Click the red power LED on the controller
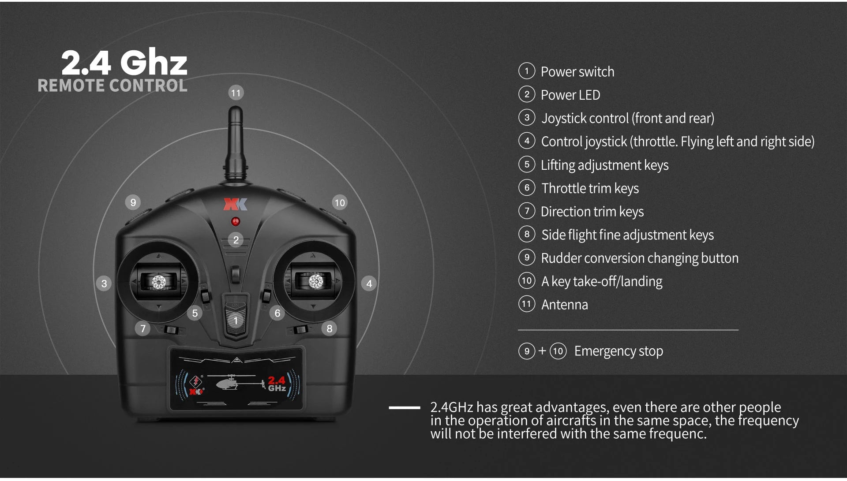pyautogui.click(x=236, y=221)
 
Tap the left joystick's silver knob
pyautogui.click(x=158, y=282)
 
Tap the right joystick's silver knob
pyautogui.click(x=315, y=281)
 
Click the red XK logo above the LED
pyautogui.click(x=235, y=204)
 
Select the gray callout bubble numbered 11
pyautogui.click(x=236, y=93)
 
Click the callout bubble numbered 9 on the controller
pyautogui.click(x=133, y=202)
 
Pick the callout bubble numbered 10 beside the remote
pyautogui.click(x=340, y=203)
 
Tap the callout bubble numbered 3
pyautogui.click(x=104, y=283)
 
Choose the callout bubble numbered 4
pyautogui.click(x=369, y=283)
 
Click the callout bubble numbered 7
pyautogui.click(x=142, y=328)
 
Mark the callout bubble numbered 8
pyautogui.click(x=330, y=328)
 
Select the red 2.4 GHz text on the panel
pyautogui.click(x=277, y=384)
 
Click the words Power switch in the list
pyautogui.click(x=577, y=71)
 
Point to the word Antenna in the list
pyautogui.click(x=565, y=305)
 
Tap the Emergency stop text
pyautogui.click(x=618, y=351)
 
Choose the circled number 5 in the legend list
pyautogui.click(x=527, y=164)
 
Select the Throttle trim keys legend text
pyautogui.click(x=590, y=188)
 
